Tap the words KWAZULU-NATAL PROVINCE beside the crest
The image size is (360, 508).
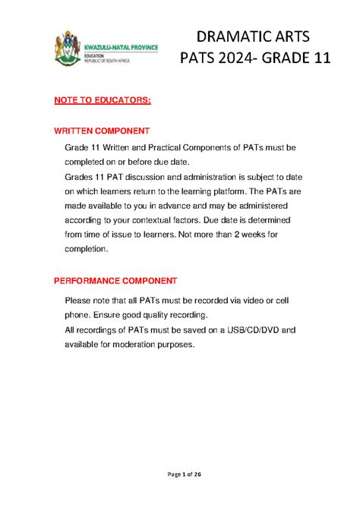pyautogui.click(x=122, y=46)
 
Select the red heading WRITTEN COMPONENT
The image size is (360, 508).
pyautogui.click(x=102, y=131)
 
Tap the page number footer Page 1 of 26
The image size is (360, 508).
pyautogui.click(x=179, y=475)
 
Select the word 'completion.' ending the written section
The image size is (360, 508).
pyautogui.click(x=87, y=248)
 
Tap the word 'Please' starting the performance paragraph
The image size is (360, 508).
pyautogui.click(x=81, y=301)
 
